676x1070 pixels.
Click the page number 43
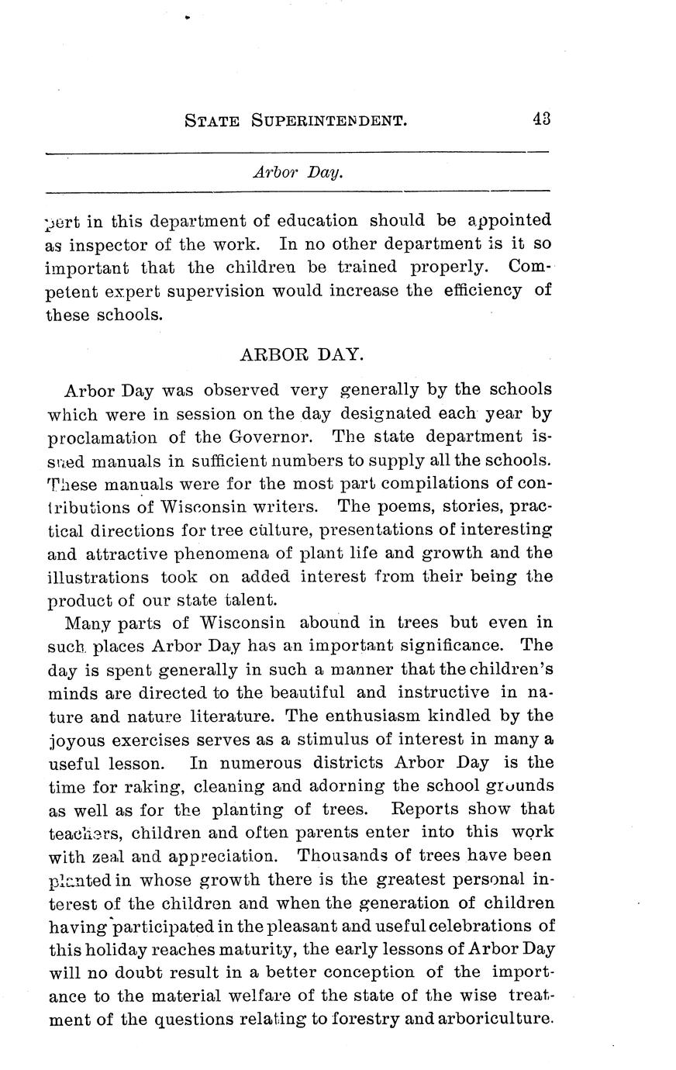click(x=540, y=119)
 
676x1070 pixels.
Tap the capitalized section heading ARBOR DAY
click(x=302, y=354)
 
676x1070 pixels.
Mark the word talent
click(x=251, y=600)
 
